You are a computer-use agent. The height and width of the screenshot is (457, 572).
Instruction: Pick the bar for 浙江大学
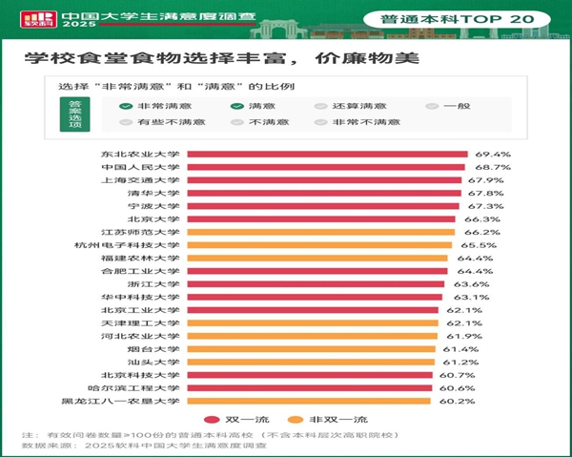point(316,284)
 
